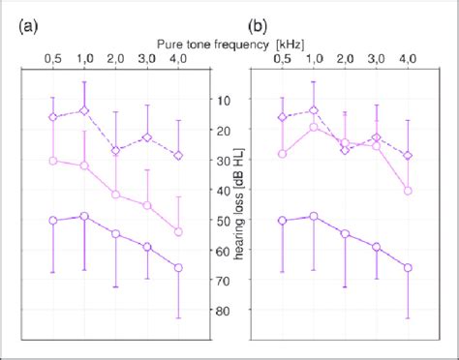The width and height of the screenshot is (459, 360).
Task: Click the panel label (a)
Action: pos(29,27)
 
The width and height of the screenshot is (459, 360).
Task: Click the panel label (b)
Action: pos(259,27)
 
